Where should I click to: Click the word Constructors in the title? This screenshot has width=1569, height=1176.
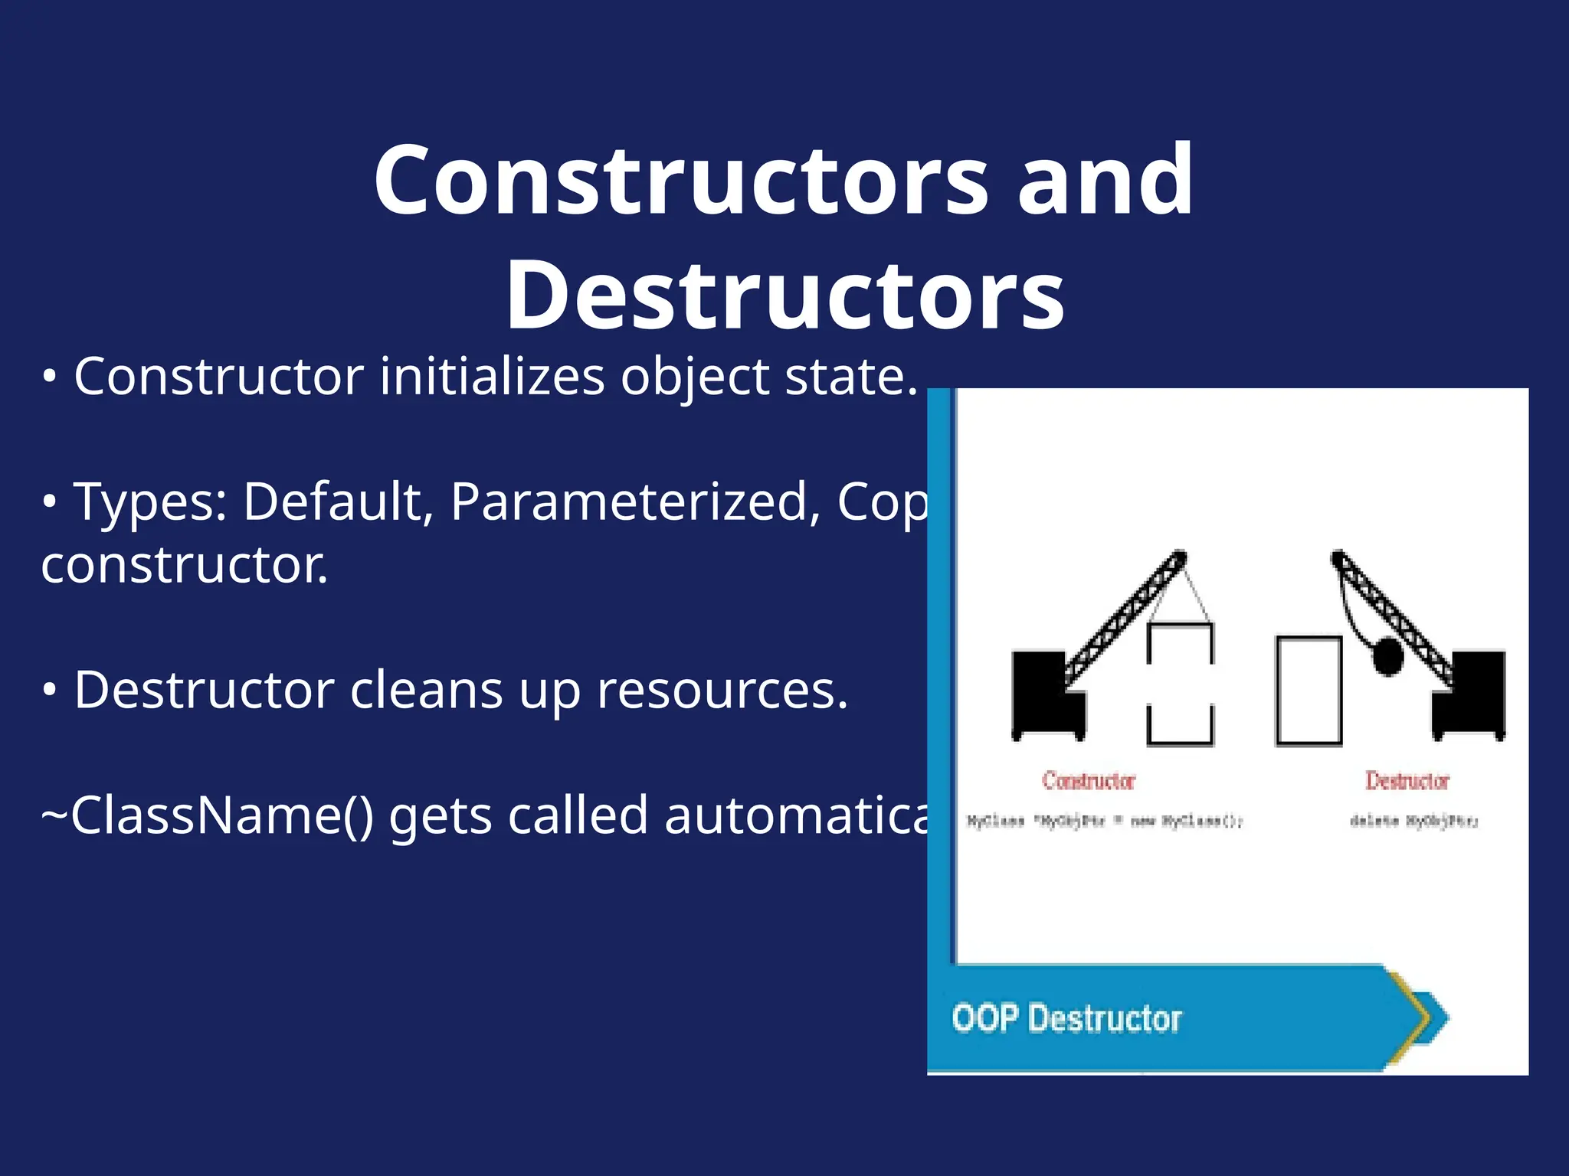coord(680,181)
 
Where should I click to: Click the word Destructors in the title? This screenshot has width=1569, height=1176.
coord(784,296)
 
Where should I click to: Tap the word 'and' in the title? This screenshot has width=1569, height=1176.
coord(1105,181)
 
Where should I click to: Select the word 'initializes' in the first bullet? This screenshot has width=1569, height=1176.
coord(492,377)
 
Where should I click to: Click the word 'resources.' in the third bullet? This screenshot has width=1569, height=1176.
coord(722,691)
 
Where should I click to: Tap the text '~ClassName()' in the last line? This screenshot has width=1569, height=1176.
coord(207,816)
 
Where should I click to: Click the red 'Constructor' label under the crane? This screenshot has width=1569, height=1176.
coord(1088,781)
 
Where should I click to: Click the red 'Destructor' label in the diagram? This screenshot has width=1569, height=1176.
coord(1407,781)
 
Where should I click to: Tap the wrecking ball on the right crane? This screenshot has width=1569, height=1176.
coord(1387,656)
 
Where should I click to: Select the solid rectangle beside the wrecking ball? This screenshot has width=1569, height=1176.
coord(1309,691)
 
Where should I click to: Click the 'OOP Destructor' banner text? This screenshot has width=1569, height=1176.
coord(1066,1019)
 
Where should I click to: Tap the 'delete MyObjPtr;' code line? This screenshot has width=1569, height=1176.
coord(1413,822)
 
